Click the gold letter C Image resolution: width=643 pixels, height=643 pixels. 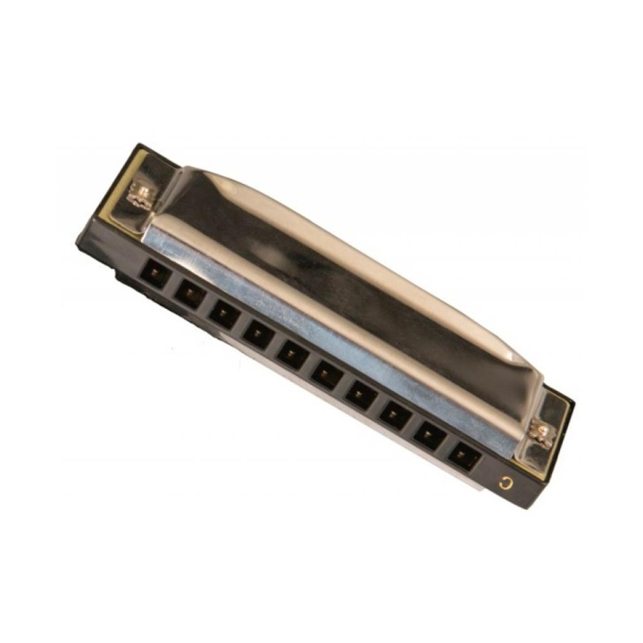pos(507,483)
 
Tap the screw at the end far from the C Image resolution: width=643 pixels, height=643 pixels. pos(142,193)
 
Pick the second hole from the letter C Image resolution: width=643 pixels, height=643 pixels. pos(430,437)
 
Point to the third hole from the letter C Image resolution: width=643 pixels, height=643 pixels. pos(396,415)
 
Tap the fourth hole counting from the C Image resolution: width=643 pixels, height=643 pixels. pos(362,395)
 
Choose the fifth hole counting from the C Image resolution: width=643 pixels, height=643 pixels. pos(327,374)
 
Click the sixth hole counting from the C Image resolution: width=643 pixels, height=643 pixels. pos(293,354)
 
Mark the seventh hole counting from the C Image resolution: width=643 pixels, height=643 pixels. pos(258,333)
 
